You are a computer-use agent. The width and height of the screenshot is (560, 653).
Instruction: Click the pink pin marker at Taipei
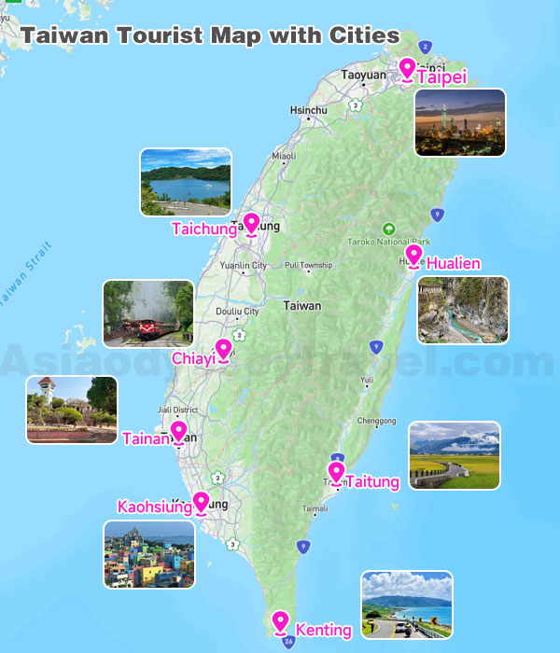(x=407, y=69)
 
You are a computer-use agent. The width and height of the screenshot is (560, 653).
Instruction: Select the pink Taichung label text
(x=203, y=229)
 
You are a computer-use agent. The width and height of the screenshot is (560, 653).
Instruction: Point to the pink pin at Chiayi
(x=223, y=350)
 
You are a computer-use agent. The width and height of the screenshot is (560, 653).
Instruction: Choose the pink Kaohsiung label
(x=154, y=507)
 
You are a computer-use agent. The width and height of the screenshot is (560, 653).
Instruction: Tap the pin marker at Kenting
(x=280, y=621)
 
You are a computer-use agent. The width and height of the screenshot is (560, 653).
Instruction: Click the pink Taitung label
(x=372, y=482)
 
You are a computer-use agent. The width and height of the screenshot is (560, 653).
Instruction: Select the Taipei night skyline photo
(x=459, y=122)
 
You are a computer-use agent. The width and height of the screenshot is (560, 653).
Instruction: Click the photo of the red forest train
(x=148, y=314)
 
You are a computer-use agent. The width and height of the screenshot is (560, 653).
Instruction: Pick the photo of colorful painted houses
(x=149, y=554)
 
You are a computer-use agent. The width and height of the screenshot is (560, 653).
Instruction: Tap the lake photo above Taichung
(x=185, y=182)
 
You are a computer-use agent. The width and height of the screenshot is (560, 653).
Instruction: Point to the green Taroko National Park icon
(x=389, y=229)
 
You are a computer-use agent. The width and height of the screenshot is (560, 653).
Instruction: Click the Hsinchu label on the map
(x=309, y=110)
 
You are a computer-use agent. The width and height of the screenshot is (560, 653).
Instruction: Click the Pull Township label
(x=308, y=266)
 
